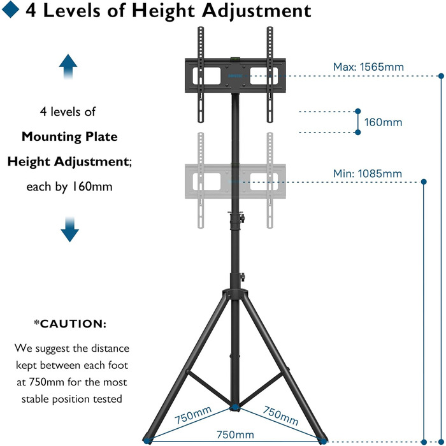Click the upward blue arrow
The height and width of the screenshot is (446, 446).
tap(68, 66)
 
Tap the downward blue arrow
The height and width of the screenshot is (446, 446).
tap(69, 229)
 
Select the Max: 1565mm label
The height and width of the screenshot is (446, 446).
tap(368, 67)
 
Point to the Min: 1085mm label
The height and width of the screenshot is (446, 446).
tap(368, 173)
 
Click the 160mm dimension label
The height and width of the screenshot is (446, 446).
tap(383, 122)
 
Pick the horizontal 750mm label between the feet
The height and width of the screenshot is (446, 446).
tap(235, 435)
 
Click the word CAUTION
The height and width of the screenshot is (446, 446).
tap(73, 324)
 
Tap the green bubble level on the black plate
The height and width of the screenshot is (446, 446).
tap(235, 59)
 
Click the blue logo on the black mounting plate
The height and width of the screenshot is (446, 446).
tap(235, 76)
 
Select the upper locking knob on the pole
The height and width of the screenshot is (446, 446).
tap(242, 219)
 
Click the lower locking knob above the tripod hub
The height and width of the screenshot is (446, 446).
tap(243, 277)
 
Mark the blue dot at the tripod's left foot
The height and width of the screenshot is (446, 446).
tap(147, 441)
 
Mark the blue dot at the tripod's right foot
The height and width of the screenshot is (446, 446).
tap(324, 442)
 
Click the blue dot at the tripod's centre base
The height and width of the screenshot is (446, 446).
tap(234, 407)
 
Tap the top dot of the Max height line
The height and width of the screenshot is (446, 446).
tap(441, 76)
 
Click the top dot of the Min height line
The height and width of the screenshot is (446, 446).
tap(424, 182)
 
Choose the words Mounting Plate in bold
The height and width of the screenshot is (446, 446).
tap(69, 137)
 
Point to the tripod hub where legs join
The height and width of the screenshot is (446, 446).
tap(235, 294)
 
